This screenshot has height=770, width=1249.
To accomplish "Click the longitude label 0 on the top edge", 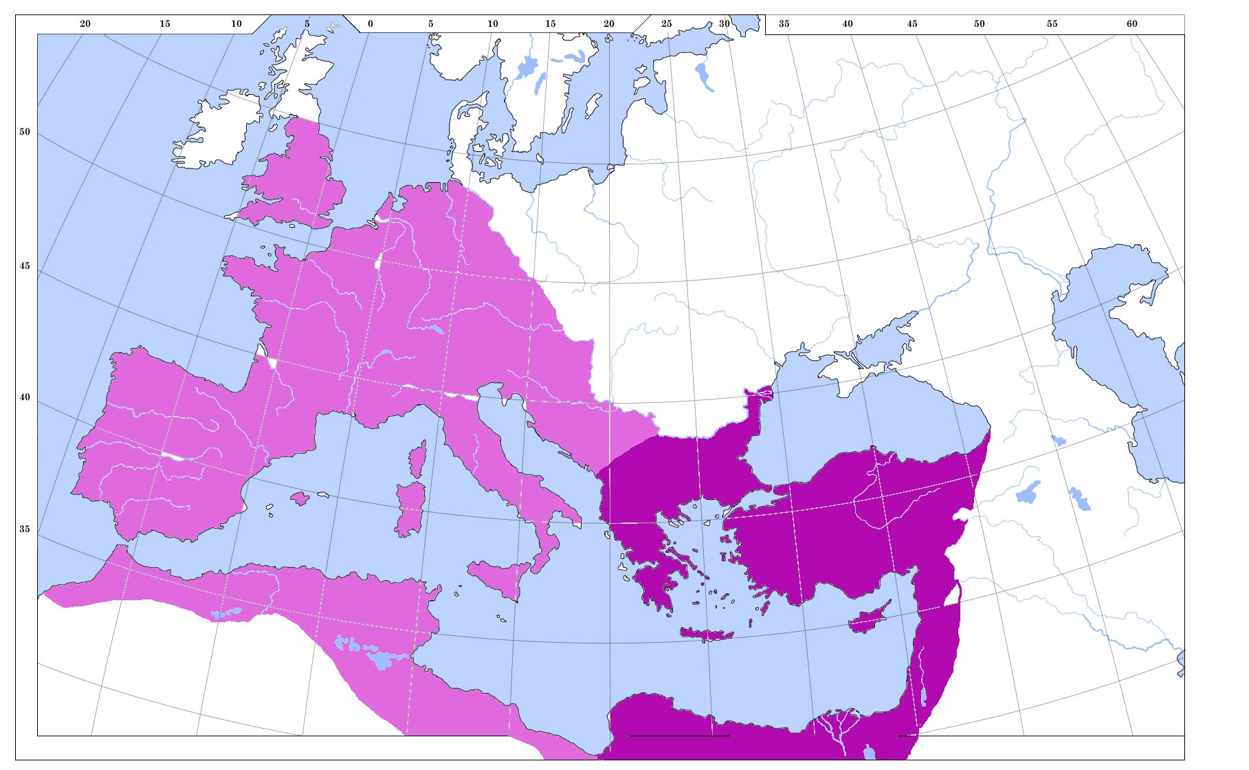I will [x=370, y=23].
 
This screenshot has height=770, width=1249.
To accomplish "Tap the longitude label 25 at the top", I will [x=666, y=23].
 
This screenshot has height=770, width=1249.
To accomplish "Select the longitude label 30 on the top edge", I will [x=724, y=23].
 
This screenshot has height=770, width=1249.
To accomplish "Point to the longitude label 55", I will [x=1052, y=23].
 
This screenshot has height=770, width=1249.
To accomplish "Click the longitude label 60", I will [x=1131, y=23].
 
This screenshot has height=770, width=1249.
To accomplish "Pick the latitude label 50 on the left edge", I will [x=25, y=131].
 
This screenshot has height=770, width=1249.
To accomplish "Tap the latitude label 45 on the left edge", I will [x=25, y=265].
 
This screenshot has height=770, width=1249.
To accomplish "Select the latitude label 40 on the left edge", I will [x=25, y=397].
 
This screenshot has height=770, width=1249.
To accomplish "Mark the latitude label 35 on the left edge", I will [x=25, y=529].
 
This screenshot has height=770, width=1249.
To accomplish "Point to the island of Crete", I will [x=707, y=634].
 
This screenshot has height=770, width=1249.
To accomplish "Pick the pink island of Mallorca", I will [x=300, y=498].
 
